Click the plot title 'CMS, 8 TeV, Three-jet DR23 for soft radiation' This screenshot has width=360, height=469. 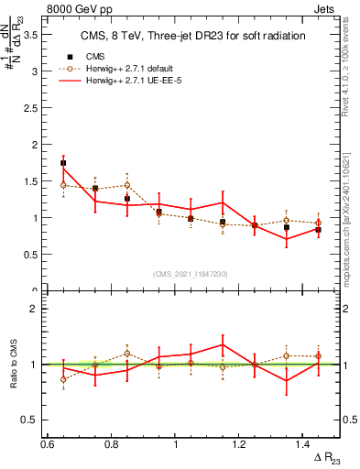pos(191,36)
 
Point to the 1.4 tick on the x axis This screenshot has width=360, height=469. pos(303,444)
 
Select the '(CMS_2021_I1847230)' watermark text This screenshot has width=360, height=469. pos(191,274)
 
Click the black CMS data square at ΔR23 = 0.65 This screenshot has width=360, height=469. pos(63,163)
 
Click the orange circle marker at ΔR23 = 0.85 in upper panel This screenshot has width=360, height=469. pos(127,185)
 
